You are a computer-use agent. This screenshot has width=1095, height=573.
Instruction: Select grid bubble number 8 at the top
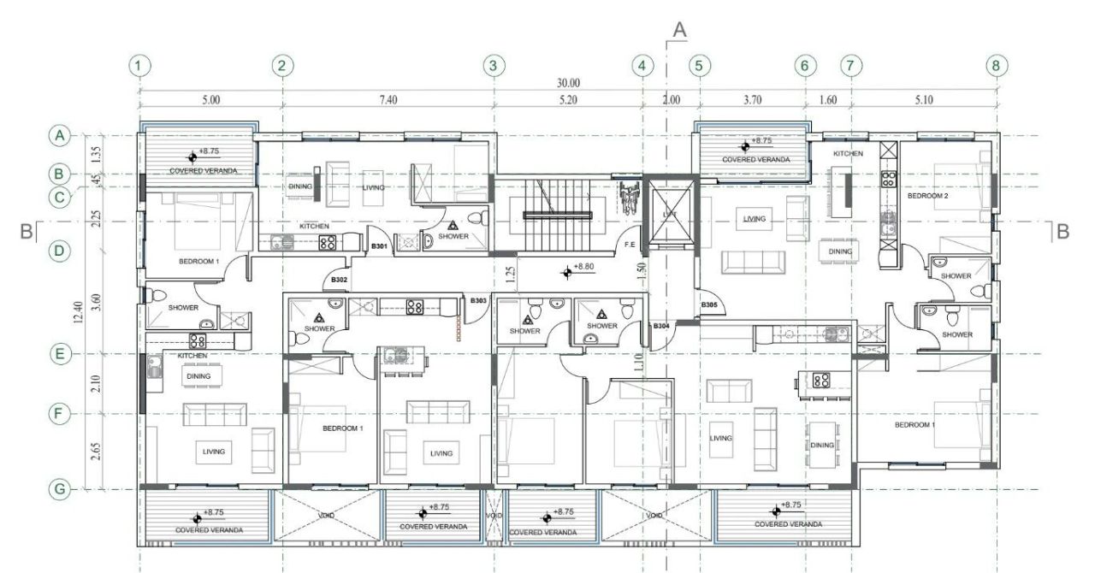tap(996, 65)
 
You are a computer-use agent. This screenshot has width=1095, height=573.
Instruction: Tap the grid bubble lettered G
tap(59, 490)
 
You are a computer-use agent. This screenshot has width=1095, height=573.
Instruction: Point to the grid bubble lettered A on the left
tap(59, 135)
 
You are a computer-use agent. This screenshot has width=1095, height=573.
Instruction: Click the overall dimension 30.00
tap(568, 83)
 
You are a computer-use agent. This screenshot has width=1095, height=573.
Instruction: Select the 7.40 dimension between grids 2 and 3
tap(388, 100)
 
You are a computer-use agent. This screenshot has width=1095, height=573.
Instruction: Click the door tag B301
tap(380, 247)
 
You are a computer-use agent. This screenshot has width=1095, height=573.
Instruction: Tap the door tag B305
tap(709, 305)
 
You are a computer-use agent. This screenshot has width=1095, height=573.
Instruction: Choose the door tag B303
tap(478, 300)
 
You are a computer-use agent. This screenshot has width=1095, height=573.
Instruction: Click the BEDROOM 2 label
tap(926, 196)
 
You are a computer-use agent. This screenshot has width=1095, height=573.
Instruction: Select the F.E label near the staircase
tap(630, 245)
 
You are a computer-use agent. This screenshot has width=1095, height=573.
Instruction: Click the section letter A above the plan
tap(679, 30)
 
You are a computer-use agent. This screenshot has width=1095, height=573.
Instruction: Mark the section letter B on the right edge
tap(1062, 232)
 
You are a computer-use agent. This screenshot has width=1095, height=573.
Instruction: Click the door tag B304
tap(661, 326)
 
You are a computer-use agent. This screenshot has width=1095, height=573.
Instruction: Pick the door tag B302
tap(340, 280)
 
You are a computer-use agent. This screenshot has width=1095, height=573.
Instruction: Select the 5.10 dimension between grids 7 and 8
tap(923, 100)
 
